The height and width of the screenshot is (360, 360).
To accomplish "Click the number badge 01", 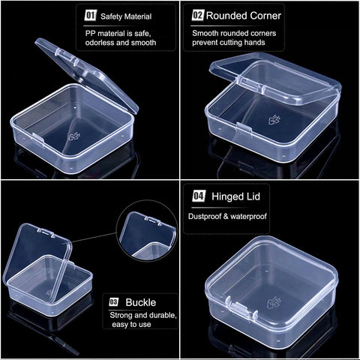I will tap(91, 14).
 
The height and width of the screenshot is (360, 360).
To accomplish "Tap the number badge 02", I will tap(197, 14).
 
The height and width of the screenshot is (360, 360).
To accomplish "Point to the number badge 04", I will tap(199, 196).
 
